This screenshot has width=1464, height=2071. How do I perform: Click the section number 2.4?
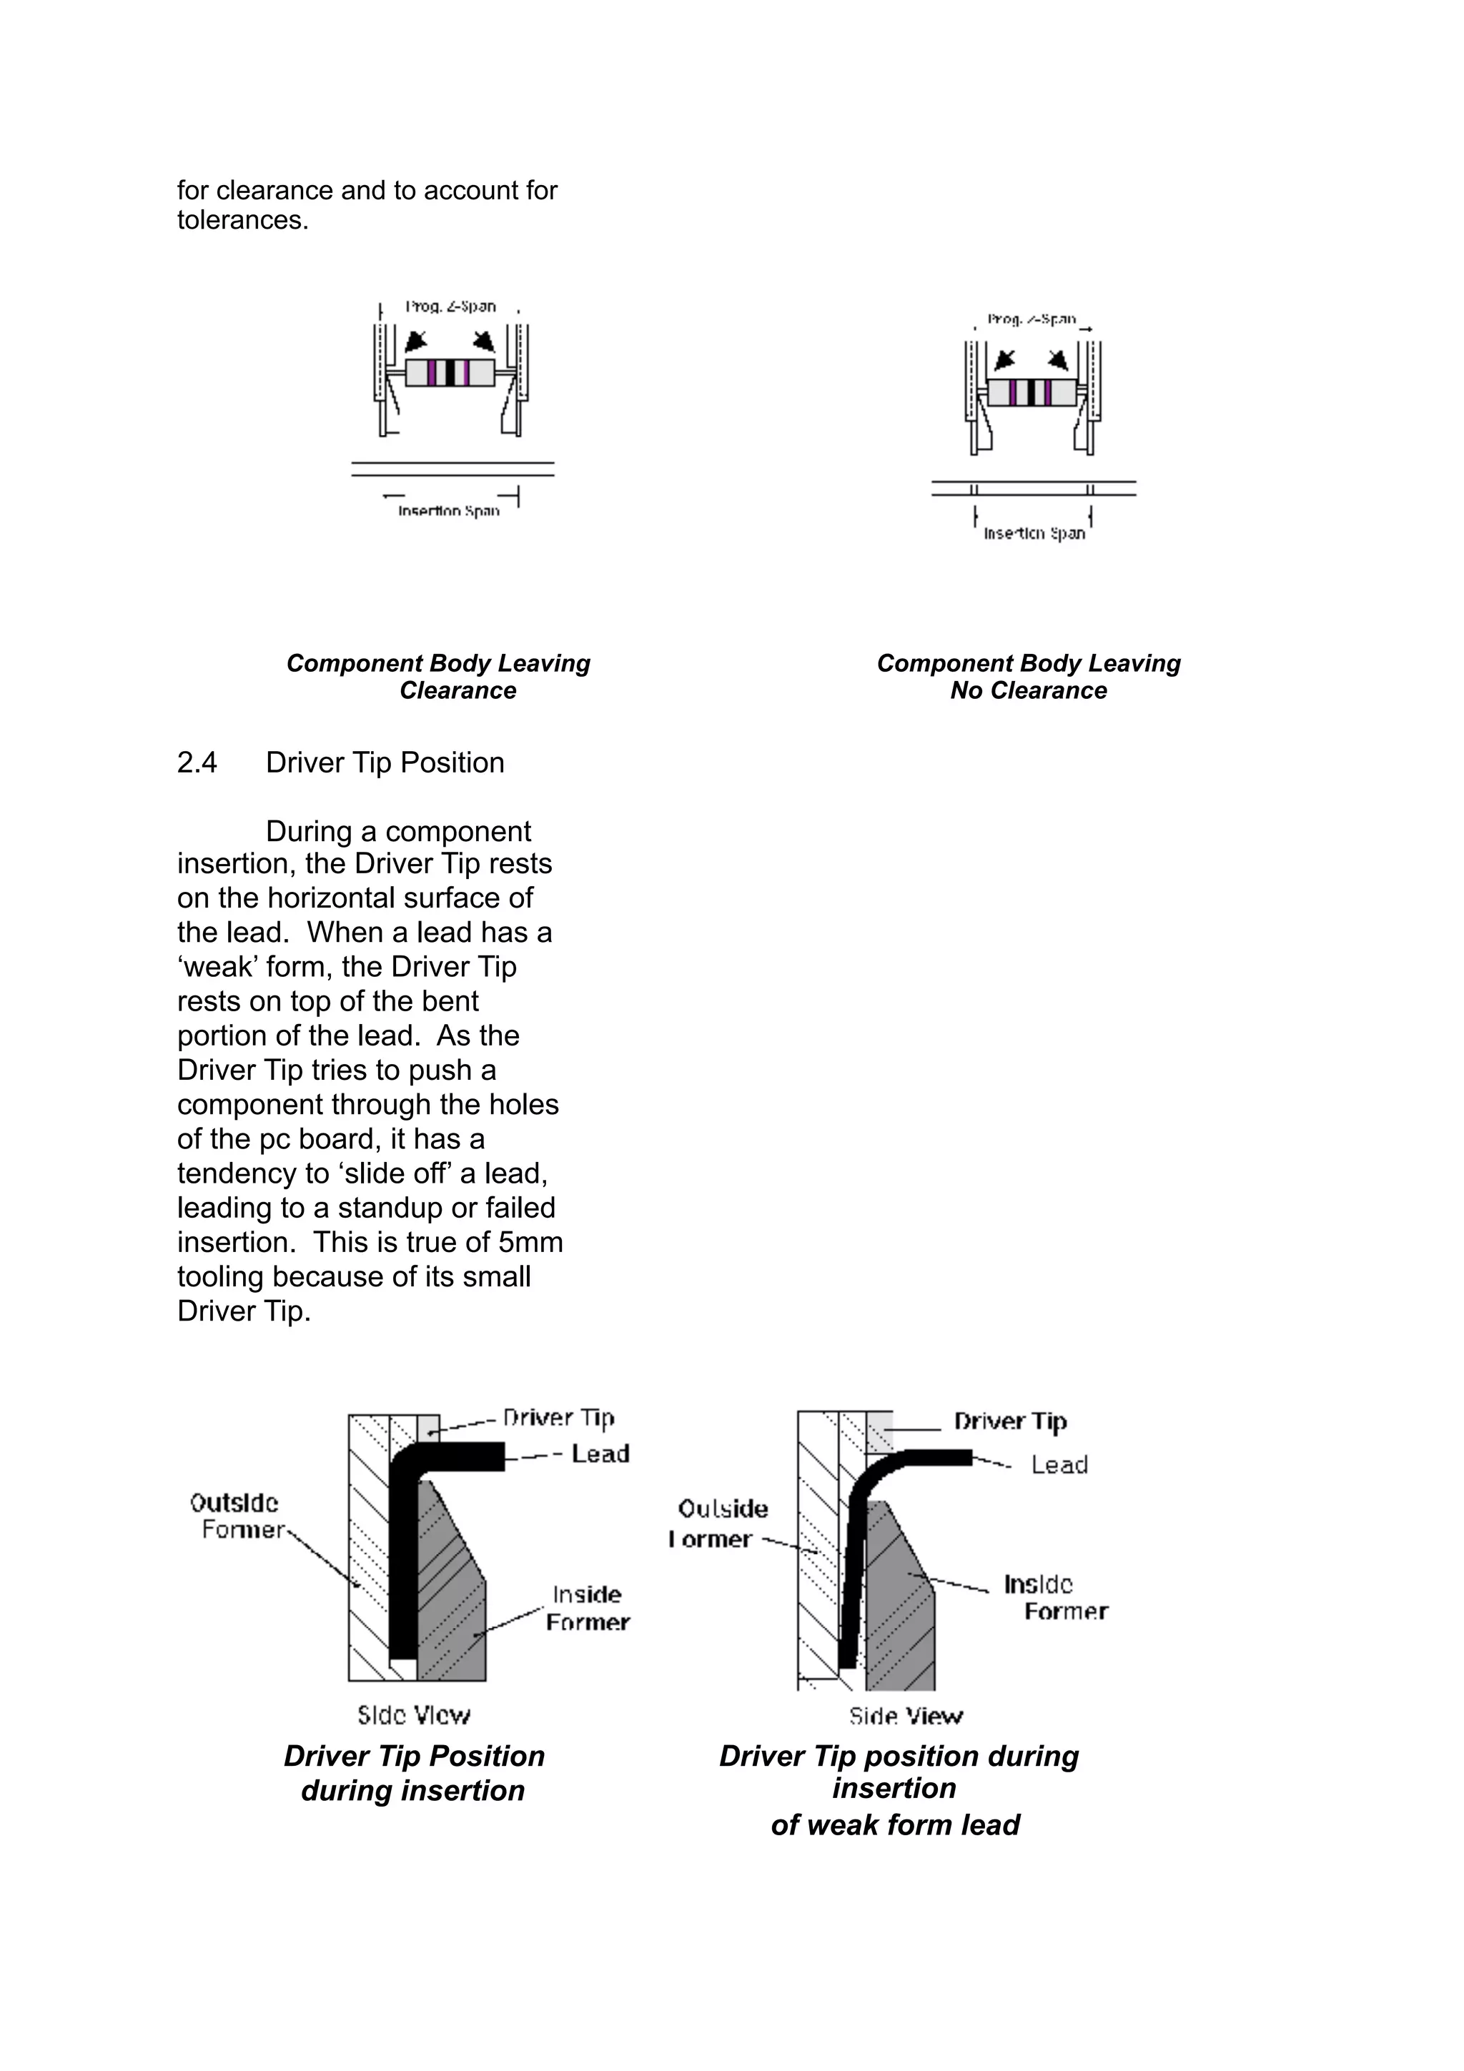(197, 763)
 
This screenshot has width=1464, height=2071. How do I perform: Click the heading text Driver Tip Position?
(385, 763)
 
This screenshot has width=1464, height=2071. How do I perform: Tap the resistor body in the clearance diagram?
(449, 372)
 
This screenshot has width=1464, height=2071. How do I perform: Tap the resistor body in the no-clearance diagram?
(1031, 392)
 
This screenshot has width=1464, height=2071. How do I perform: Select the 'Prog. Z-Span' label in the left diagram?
(450, 307)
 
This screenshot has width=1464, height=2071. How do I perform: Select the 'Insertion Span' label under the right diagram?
(1034, 534)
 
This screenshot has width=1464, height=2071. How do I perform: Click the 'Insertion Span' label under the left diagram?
(448, 512)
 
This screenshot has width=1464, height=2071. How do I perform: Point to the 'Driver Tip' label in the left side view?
(558, 1418)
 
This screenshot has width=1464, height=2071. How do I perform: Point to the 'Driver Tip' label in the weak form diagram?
(1010, 1421)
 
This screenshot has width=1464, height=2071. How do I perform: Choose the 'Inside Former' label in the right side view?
(1054, 1597)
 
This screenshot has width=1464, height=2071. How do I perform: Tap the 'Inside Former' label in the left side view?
(587, 1608)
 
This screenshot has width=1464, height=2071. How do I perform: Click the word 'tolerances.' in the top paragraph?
(242, 220)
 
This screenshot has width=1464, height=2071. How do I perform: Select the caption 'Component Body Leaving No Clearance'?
(1029, 677)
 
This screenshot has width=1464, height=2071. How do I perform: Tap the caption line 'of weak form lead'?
(895, 1824)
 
